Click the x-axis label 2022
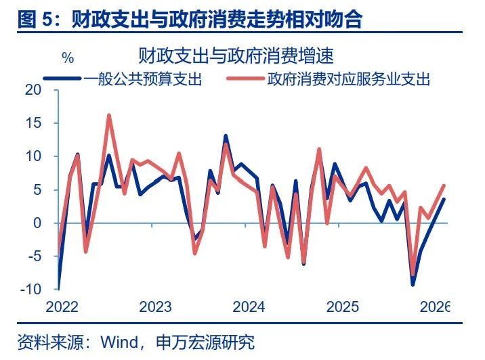pos(62,307)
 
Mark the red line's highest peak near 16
pos(109,116)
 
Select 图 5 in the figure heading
pos(33,18)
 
